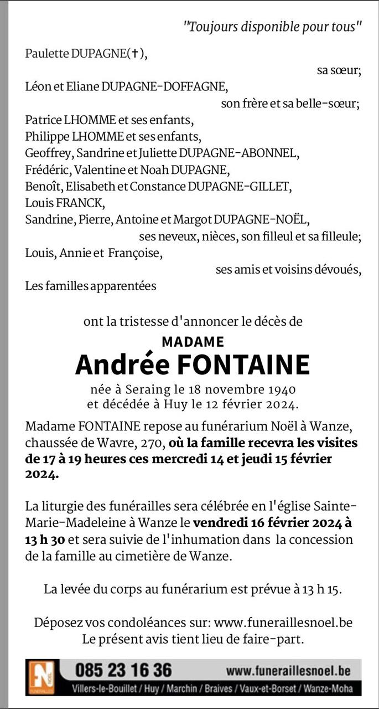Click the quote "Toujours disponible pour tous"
click(x=273, y=26)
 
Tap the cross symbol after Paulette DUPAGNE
click(x=135, y=54)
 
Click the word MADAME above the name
click(x=193, y=342)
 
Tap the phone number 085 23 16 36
click(x=123, y=670)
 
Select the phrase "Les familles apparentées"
click(x=91, y=286)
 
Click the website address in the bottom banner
click(x=288, y=671)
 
